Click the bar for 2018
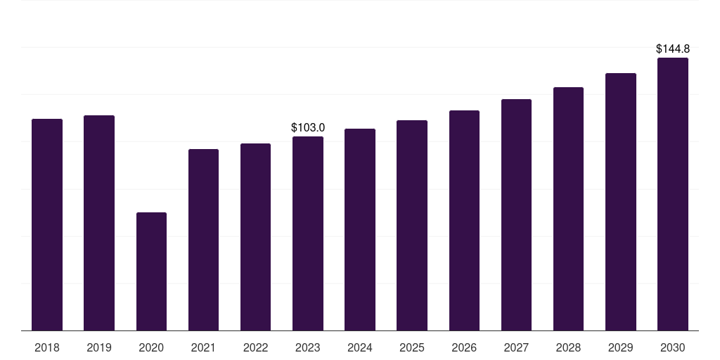47,224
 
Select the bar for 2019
99,223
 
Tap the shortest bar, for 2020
152,271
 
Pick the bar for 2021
203,240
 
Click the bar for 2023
308,233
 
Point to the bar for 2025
412,226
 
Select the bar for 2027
516,215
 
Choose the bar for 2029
621,202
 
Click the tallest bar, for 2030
673,194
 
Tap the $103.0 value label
308,128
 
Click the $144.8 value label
673,49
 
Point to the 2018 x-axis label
47,347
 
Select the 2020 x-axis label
151,347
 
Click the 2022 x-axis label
255,347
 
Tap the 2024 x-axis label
359,347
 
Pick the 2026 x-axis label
464,347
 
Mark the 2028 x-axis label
568,347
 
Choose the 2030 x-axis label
673,347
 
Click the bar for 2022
255,237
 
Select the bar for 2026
464,220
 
